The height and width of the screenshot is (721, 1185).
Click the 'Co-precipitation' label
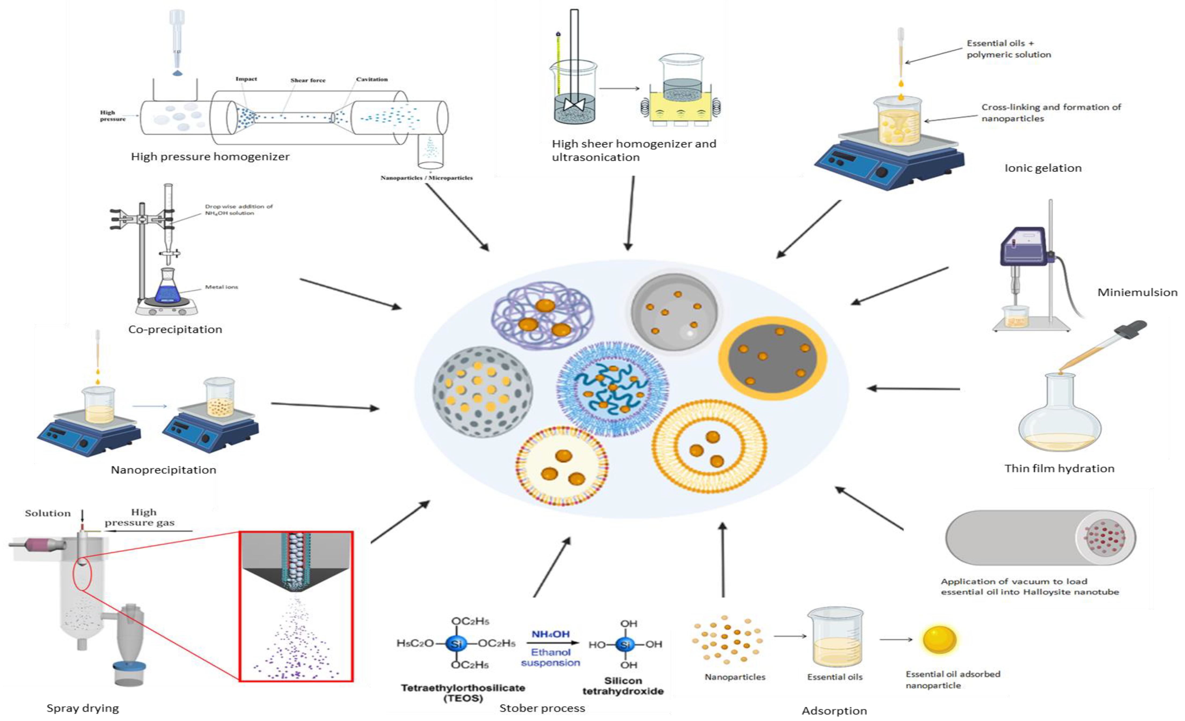click(x=175, y=329)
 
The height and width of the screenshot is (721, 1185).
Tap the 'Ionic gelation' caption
click(x=1043, y=168)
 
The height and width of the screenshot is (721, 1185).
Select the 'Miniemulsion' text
click(x=1137, y=292)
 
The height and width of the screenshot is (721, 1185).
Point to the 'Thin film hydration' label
click(x=1059, y=468)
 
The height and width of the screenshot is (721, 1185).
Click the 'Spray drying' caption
click(x=83, y=708)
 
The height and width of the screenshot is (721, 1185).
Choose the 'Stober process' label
click(x=542, y=708)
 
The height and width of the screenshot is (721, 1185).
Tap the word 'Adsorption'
click(x=834, y=711)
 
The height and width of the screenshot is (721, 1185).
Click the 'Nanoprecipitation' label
click(x=163, y=470)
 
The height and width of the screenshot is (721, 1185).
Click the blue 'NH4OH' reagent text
click(x=550, y=634)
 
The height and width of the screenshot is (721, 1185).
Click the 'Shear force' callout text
click(x=308, y=80)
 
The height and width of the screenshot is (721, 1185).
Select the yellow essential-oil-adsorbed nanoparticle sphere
click(x=939, y=640)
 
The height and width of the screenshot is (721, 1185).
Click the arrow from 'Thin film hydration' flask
click(x=914, y=388)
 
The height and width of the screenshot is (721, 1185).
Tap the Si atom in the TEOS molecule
click(x=456, y=643)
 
